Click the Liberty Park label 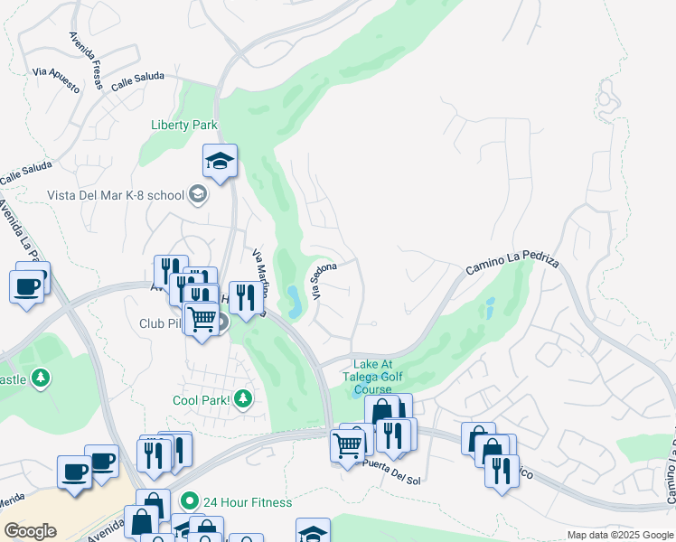click(184, 125)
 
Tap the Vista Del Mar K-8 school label click(116, 194)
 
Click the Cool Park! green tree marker click(242, 397)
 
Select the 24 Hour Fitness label click(248, 502)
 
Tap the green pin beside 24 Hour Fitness click(189, 500)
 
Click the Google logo click(30, 531)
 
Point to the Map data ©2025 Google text click(619, 535)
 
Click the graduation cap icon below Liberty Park click(220, 161)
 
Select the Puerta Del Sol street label click(390, 471)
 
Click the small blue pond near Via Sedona click(295, 295)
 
